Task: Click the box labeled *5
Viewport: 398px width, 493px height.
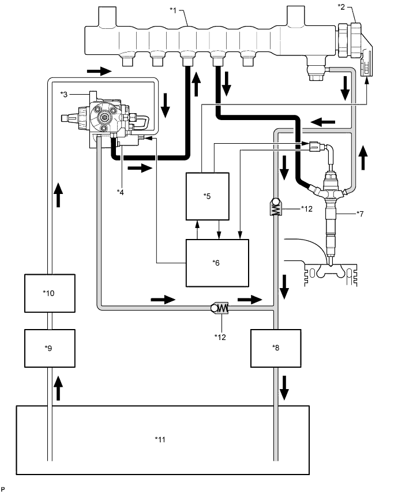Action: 207,196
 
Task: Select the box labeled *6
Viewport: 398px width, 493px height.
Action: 217,263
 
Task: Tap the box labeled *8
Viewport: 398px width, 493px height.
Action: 276,348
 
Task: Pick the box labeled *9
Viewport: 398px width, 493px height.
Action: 50,348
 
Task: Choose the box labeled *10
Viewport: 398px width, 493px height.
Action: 50,293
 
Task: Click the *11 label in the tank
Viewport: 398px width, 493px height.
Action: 160,439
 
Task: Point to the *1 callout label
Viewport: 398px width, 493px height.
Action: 174,10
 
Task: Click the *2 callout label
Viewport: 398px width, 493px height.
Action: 341,6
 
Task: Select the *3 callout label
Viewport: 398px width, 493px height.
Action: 64,94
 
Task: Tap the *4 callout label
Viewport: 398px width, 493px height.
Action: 121,192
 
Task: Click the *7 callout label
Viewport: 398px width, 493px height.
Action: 360,214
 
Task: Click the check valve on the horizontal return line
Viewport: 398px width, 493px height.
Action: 220,308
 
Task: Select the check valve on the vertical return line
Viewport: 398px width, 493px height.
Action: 276,207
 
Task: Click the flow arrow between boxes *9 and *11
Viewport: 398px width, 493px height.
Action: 58,389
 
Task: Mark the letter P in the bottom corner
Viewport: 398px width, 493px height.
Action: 3,489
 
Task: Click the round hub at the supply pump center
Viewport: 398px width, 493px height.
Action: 104,117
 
